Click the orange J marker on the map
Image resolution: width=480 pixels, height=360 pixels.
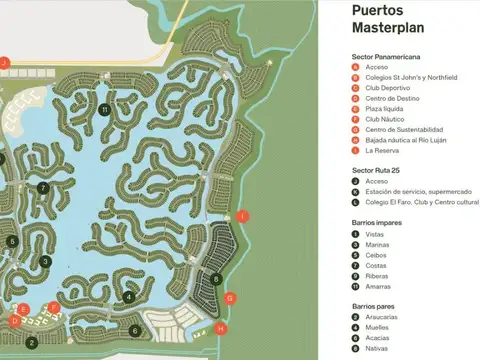click(x=4, y=63)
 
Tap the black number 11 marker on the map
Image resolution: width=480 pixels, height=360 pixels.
click(x=105, y=109)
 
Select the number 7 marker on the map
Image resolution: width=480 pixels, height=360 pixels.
click(x=43, y=187)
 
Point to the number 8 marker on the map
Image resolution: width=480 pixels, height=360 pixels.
click(x=216, y=279)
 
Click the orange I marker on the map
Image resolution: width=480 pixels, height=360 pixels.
click(x=242, y=216)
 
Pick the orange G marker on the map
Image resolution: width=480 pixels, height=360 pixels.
click(x=230, y=298)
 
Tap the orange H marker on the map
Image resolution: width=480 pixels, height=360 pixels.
click(x=221, y=328)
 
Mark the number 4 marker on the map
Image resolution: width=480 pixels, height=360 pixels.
click(x=129, y=296)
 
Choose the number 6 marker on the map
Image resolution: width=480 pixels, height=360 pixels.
click(x=135, y=331)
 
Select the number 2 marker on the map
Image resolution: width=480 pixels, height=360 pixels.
click(x=32, y=342)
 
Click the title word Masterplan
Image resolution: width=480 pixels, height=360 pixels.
click(x=386, y=31)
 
